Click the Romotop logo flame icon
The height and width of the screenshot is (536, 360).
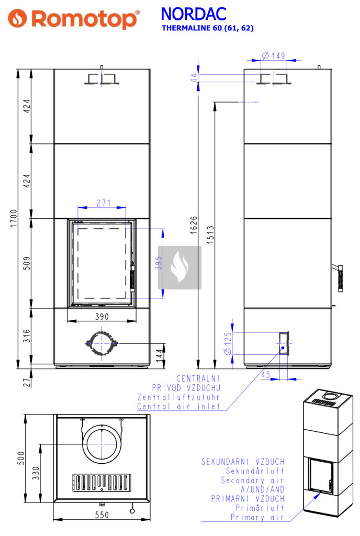click(17, 18)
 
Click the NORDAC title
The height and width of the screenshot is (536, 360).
click(193, 14)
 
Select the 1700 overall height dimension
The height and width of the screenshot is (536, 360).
click(13, 218)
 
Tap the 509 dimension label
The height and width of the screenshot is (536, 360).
click(27, 263)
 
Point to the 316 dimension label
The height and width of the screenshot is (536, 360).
click(27, 336)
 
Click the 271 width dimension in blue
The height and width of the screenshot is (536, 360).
click(104, 203)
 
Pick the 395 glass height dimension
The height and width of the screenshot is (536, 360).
click(159, 263)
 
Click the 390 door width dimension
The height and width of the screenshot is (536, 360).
click(102, 317)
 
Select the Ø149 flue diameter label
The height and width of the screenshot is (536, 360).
click(274, 55)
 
